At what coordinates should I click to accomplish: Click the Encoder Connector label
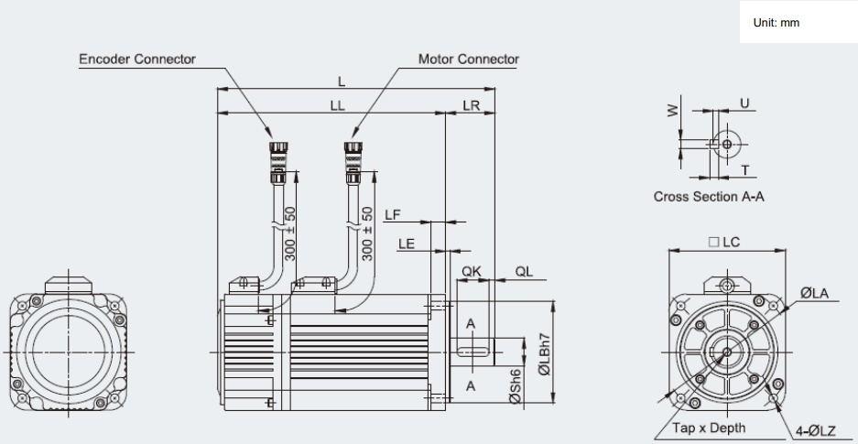point(137,60)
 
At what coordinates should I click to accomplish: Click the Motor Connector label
point(469,60)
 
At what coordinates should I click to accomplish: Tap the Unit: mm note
point(776,23)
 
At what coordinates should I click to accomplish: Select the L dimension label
point(342,82)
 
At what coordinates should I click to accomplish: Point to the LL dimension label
point(338,106)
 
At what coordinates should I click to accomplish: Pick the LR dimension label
point(472,106)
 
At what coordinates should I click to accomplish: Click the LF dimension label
point(392,215)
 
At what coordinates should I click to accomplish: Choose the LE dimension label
point(406,244)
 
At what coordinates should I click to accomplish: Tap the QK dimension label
point(472,271)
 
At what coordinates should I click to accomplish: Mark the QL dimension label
point(524,271)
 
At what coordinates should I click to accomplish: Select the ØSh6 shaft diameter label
point(515,385)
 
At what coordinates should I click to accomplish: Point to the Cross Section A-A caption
point(709,197)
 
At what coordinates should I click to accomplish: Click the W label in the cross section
point(672,111)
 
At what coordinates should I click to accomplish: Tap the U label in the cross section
point(744,103)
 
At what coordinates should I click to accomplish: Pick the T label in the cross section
point(744,170)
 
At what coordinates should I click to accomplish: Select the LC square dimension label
point(724,243)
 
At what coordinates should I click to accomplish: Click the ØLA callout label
point(814,294)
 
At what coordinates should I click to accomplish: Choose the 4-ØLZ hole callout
point(815,431)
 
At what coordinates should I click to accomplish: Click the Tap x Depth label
point(709,428)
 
